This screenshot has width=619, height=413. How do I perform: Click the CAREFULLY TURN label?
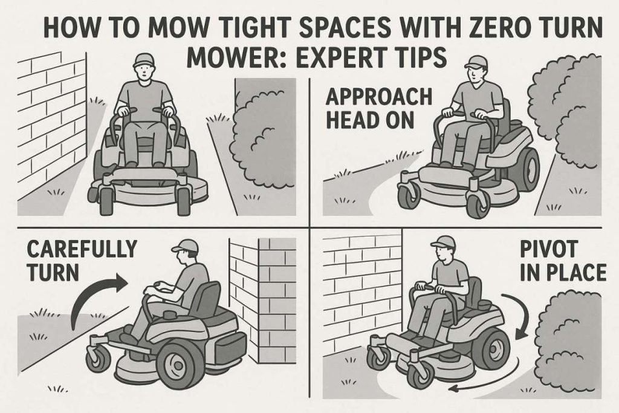point(82,260)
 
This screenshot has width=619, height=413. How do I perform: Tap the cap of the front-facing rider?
point(144,59)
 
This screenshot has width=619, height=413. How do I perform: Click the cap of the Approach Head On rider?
point(475,61)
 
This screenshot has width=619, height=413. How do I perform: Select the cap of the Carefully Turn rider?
point(185,246)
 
